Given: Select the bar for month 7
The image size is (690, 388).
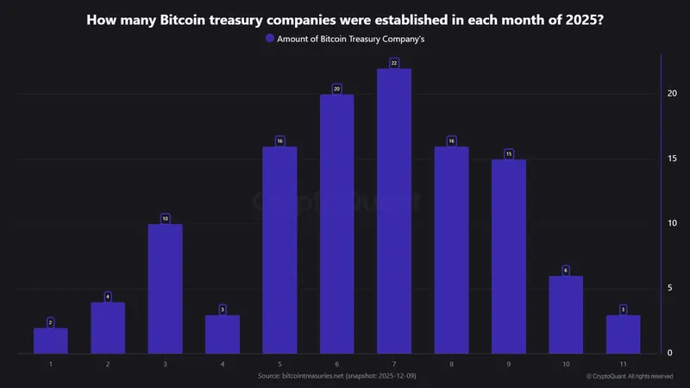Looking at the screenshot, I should pos(394,211).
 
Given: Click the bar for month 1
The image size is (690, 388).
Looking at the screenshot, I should pos(51,341).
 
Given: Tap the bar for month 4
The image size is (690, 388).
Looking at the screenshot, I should pos(223,335).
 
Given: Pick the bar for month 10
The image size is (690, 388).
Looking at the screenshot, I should pos(566,315).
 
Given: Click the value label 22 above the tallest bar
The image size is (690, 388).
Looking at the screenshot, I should pos(394,63).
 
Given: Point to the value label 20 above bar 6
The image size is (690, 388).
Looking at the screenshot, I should pos(337,89).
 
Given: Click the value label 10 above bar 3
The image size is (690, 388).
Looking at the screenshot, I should pos(165,218).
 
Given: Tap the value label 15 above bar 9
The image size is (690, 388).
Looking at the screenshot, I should pos(509,153).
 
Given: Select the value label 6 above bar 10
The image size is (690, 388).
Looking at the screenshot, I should pos(566,270).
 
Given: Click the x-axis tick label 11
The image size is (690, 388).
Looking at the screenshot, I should pos(623,365).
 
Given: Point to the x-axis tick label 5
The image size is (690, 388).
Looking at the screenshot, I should pos(279,365).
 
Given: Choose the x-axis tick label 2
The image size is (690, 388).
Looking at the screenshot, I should pos(108,365).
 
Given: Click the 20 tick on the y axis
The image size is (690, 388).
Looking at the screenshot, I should pos(671,93).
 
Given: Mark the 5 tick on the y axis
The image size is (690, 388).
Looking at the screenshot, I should pos(669,288).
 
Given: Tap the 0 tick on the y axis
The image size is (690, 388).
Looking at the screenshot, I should pos(669,353).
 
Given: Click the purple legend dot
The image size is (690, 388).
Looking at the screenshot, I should pos(270,39).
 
